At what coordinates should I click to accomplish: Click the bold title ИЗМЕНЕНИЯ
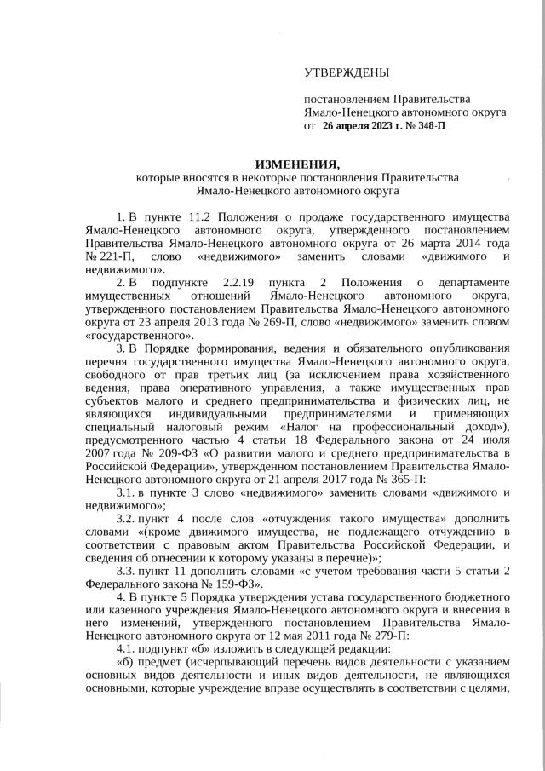click(298, 164)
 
